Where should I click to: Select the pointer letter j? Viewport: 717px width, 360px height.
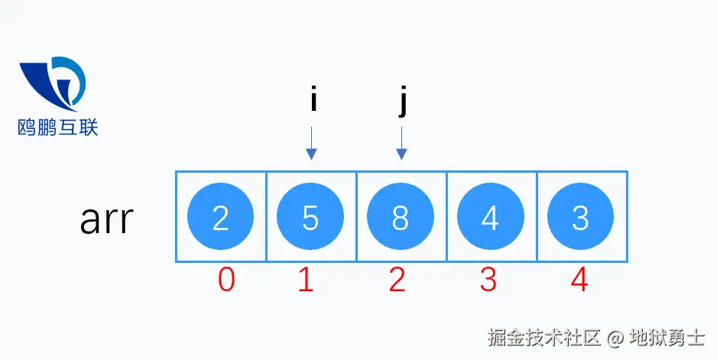[403, 102]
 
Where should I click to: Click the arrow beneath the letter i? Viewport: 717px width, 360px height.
[311, 143]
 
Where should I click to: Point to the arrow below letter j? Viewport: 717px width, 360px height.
[402, 143]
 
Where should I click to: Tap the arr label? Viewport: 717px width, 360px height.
[107, 220]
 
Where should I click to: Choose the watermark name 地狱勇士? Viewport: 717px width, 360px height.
[667, 336]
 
